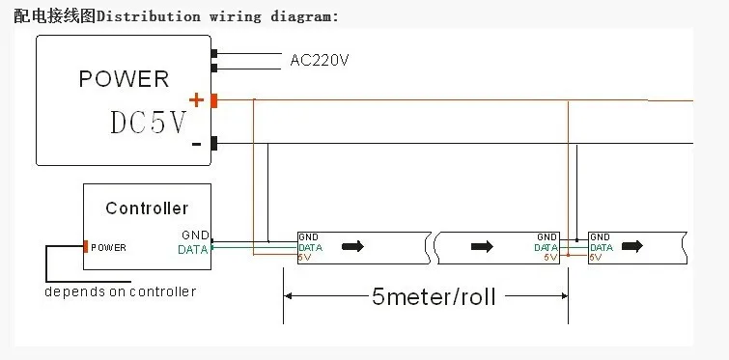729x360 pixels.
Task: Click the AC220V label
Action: click(x=320, y=60)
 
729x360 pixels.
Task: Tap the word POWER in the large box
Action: click(x=124, y=79)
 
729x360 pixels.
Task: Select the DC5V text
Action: click(x=149, y=123)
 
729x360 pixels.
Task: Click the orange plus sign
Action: click(x=196, y=99)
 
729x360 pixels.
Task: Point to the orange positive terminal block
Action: click(x=213, y=100)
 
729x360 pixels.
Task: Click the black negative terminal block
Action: click(x=213, y=144)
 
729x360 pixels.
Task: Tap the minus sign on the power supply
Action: click(x=197, y=145)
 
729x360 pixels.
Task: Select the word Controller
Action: click(x=147, y=208)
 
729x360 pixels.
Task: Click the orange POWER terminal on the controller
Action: click(x=86, y=247)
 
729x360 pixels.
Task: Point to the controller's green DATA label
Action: click(x=192, y=249)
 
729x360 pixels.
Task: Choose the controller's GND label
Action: click(x=195, y=235)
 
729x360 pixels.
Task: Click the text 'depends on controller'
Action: click(x=121, y=291)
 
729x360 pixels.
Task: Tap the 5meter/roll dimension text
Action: click(x=434, y=296)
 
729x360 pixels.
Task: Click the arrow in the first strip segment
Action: click(x=352, y=246)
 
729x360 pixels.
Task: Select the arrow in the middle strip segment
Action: click(x=482, y=246)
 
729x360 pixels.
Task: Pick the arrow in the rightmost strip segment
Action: click(x=632, y=246)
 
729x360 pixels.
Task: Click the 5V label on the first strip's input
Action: click(x=304, y=258)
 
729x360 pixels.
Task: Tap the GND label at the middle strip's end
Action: click(x=547, y=237)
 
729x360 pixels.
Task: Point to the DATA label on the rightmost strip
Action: click(x=602, y=248)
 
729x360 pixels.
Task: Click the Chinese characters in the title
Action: click(x=55, y=16)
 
